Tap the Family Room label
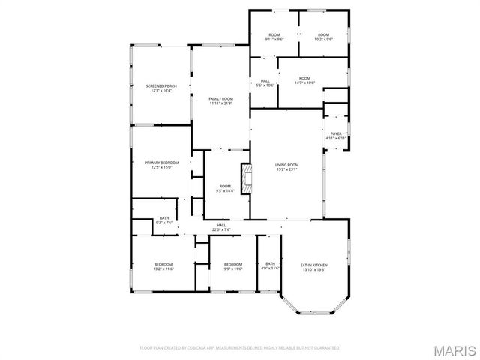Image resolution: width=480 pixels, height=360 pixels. coord(221,100)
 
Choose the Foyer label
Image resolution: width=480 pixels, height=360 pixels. coord(336,136)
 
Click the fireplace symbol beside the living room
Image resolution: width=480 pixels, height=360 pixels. coord(244,178)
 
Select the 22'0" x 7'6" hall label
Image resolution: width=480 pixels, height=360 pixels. coord(222,227)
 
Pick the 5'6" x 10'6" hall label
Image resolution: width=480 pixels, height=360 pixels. coord(265,83)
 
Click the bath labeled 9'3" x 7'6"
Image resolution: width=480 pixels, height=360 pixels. coord(164,220)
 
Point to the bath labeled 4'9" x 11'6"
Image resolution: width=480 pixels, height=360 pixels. coord(270,265)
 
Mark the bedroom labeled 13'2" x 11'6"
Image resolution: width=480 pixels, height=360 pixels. coord(163,266)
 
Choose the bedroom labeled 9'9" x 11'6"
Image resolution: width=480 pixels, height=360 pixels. coord(233,266)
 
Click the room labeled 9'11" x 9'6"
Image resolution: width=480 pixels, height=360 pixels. coord(274,37)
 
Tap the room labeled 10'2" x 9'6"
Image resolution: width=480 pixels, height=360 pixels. coord(323,37)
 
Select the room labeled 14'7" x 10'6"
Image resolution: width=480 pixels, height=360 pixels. coord(304,80)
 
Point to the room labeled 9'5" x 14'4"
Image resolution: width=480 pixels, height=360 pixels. coord(225,188)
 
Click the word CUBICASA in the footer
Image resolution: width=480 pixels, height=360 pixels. coord(193,348)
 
